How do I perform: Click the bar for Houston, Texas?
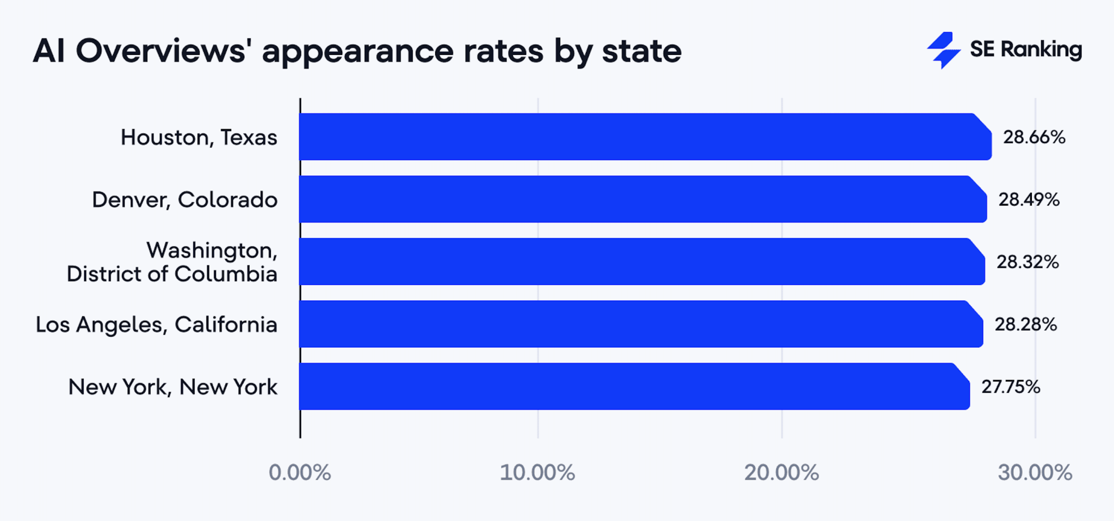tap(645, 137)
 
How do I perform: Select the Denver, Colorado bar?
tap(642, 199)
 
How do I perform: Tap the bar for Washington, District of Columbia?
tap(641, 262)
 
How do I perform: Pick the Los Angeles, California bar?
tap(640, 324)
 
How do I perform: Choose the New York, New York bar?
tap(634, 386)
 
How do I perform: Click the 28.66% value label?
tap(1034, 137)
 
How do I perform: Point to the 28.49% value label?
tap(1029, 200)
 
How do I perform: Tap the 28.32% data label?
tap(1028, 262)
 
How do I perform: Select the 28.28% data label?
tap(1026, 325)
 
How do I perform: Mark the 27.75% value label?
tap(1011, 387)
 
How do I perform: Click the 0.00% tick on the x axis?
tap(300, 473)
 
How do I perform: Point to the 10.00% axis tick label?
tap(537, 473)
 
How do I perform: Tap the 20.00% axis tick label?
tap(782, 473)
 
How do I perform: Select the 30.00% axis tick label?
tap(1035, 473)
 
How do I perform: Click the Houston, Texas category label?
tap(199, 138)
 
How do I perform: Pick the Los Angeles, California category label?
tap(157, 325)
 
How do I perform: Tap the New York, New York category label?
tap(173, 387)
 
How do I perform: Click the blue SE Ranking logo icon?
tap(944, 50)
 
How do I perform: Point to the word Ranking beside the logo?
tap(1041, 50)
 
